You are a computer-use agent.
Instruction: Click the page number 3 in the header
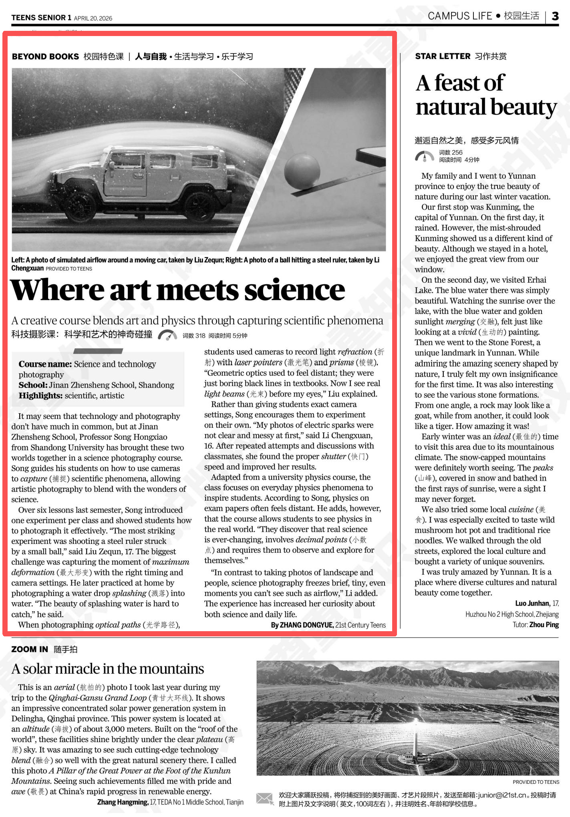pos(555,16)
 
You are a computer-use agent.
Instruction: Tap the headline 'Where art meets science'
pos(177,290)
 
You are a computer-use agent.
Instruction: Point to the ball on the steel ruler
pos(302,171)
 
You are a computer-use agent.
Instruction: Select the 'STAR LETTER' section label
pos(443,56)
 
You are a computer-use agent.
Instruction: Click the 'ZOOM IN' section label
pos(30,649)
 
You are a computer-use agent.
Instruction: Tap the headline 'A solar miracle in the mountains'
pos(108,669)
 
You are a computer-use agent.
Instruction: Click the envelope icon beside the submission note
pos(265,799)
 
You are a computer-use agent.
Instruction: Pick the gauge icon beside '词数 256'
pos(424,156)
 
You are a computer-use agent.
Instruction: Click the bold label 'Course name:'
pos(45,364)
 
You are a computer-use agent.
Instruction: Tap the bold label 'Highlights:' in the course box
pos(40,396)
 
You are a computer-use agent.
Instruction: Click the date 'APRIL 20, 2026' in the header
pos(93,18)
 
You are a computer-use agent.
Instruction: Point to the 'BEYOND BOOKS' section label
pos(45,57)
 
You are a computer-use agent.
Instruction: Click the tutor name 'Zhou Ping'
pos(544,625)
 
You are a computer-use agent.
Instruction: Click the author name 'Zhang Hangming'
pos(123,802)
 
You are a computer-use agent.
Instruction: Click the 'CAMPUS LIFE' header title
pos(460,16)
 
